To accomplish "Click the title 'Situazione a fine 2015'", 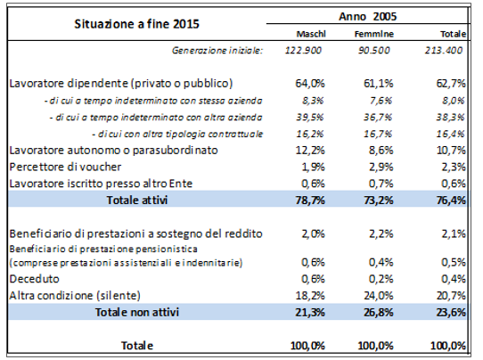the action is pyautogui.click(x=136, y=24).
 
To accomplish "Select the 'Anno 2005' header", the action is pyautogui.click(x=367, y=16).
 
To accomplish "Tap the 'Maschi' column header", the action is pyautogui.click(x=311, y=34).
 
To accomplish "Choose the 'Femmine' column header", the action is pyautogui.click(x=374, y=34).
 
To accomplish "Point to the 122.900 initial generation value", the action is pyautogui.click(x=303, y=50).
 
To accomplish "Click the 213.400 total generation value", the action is pyautogui.click(x=444, y=50).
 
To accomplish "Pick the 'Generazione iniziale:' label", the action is pyautogui.click(x=217, y=50).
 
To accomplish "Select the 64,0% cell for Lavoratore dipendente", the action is pyautogui.click(x=310, y=84).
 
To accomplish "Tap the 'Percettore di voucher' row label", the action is pyautogui.click(x=65, y=167).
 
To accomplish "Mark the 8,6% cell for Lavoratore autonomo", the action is pyautogui.click(x=381, y=151).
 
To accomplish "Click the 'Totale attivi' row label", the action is pyautogui.click(x=137, y=200).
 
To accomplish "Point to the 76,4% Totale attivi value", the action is pyautogui.click(x=451, y=200).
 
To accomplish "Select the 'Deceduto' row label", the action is pyautogui.click(x=34, y=279).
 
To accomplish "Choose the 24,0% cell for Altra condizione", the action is pyautogui.click(x=379, y=296).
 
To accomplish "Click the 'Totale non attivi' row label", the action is pyautogui.click(x=136, y=312).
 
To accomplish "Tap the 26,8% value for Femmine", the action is pyautogui.click(x=379, y=312).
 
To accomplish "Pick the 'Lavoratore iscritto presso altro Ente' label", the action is pyautogui.click(x=101, y=184).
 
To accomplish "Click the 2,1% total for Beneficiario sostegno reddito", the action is pyautogui.click(x=454, y=233).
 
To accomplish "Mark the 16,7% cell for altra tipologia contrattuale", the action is pyautogui.click(x=378, y=134).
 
